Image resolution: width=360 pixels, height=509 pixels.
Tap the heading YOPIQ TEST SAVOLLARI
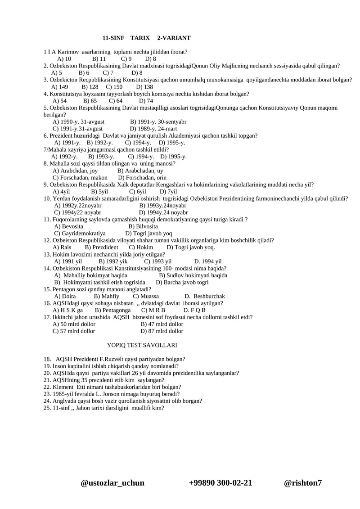tap(142, 345)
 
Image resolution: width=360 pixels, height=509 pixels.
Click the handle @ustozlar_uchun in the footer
tap(112, 483)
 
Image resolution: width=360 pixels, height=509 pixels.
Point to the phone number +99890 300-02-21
tap(220, 483)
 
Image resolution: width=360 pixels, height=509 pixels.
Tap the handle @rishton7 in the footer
tap(303, 483)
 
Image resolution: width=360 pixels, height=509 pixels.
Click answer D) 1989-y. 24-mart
tap(153, 129)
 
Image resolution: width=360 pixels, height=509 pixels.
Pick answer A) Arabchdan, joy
tap(75, 171)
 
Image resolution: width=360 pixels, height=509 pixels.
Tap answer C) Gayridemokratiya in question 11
tap(80, 234)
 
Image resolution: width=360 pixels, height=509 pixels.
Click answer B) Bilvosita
tap(143, 226)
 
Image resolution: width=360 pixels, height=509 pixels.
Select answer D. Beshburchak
tap(205, 296)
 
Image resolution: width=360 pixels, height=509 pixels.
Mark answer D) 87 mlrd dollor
tap(162, 331)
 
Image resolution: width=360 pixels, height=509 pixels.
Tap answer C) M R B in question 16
tap(153, 310)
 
